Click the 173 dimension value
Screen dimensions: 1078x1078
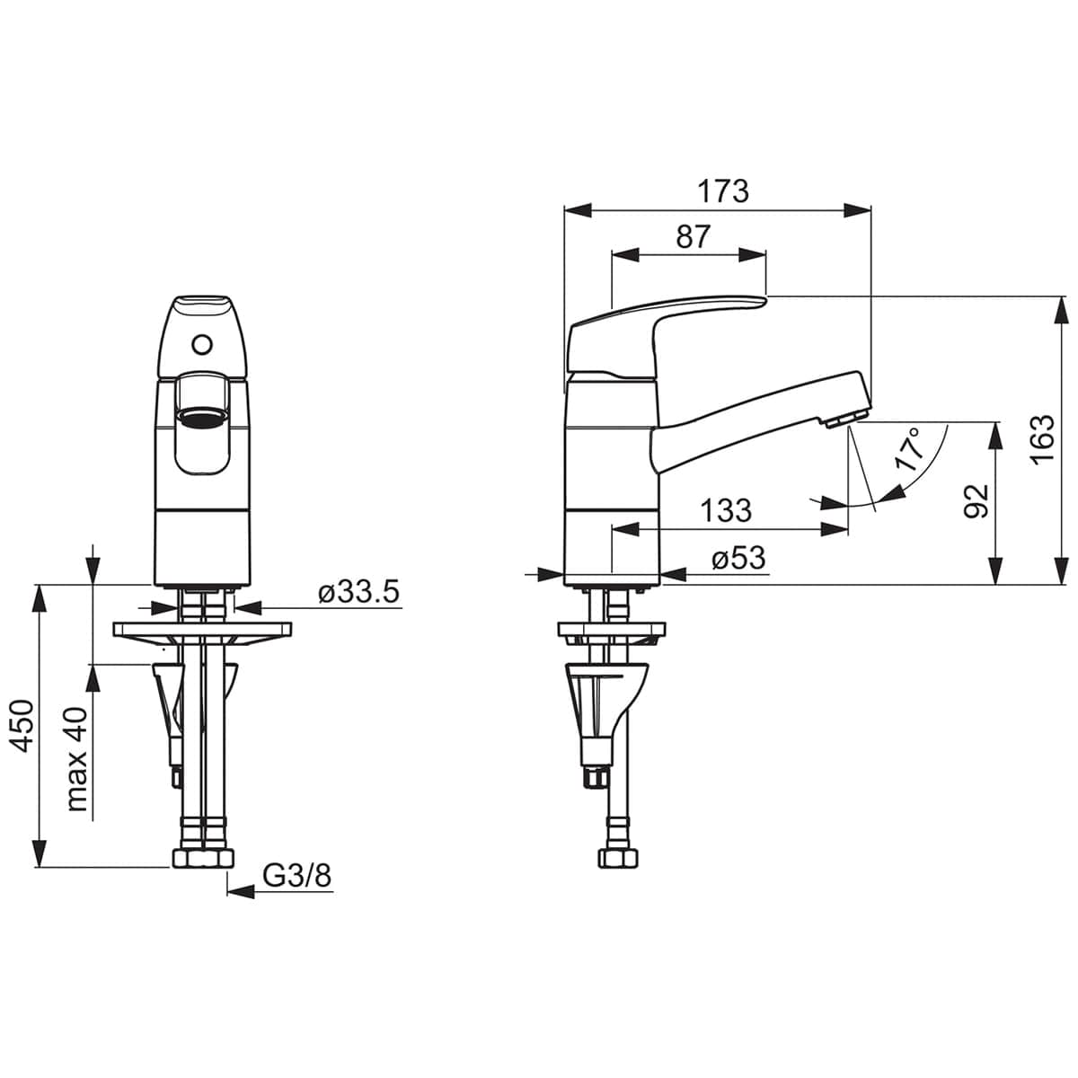(722, 192)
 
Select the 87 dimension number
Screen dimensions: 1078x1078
(693, 236)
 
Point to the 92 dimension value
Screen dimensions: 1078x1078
(977, 501)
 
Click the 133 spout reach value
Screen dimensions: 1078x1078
(726, 510)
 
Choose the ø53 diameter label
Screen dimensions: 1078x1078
(738, 558)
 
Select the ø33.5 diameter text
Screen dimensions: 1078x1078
(358, 591)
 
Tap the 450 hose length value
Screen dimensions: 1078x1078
(23, 725)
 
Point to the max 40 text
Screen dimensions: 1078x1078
(76, 759)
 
